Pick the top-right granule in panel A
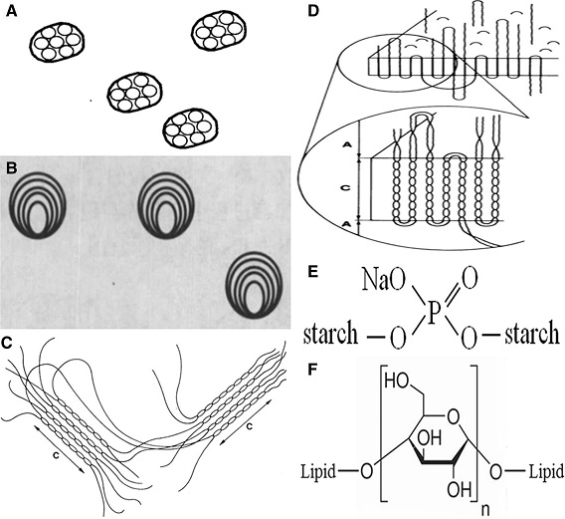pos(219,33)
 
